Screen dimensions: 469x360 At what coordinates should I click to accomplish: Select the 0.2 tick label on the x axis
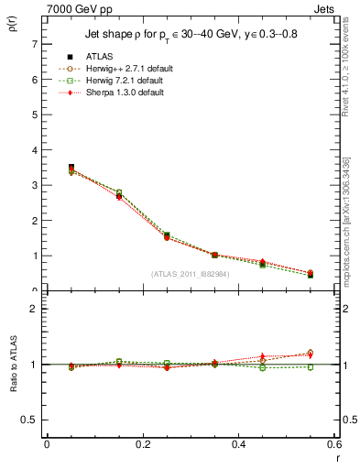pyautogui.click(x=143, y=445)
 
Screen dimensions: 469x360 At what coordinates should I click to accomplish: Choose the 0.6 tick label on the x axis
pyautogui.click(x=335, y=445)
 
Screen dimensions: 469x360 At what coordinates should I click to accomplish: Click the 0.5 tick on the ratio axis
pyautogui.click(x=29, y=420)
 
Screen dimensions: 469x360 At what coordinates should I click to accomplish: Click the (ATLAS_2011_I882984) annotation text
pyautogui.click(x=191, y=273)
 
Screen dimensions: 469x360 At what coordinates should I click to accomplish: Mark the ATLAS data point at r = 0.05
pyautogui.click(x=71, y=168)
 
